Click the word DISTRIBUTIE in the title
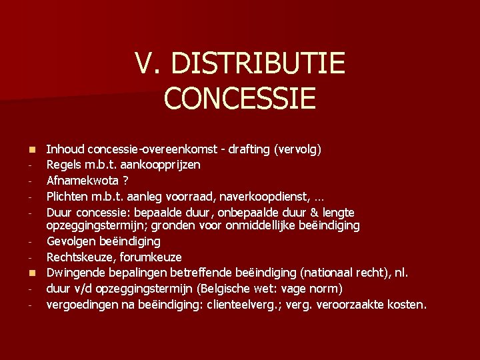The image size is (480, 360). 259,65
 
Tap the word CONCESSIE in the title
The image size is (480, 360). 239,97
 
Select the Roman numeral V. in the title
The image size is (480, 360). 149,65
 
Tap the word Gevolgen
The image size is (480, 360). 71,241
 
